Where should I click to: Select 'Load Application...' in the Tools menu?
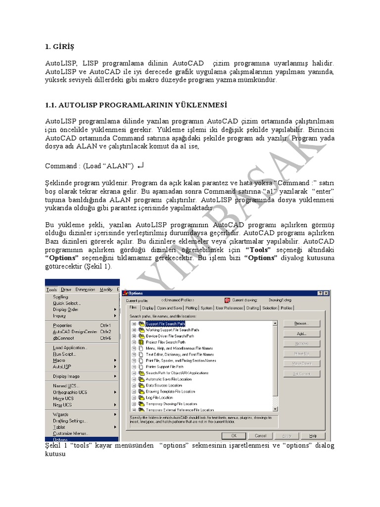point(70,348)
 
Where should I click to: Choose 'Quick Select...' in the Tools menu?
point(67,303)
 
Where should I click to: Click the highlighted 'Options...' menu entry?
point(61,439)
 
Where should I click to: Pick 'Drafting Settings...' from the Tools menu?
point(69,421)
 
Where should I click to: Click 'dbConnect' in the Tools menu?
point(63,338)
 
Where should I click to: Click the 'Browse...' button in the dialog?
point(301,323)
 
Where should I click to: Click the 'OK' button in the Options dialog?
point(234,436)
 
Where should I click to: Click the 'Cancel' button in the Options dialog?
point(260,436)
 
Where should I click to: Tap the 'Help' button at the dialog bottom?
point(313,436)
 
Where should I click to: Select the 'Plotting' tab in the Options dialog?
point(191,308)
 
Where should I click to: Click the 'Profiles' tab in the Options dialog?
point(286,308)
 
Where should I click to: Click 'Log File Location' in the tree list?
point(159,398)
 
